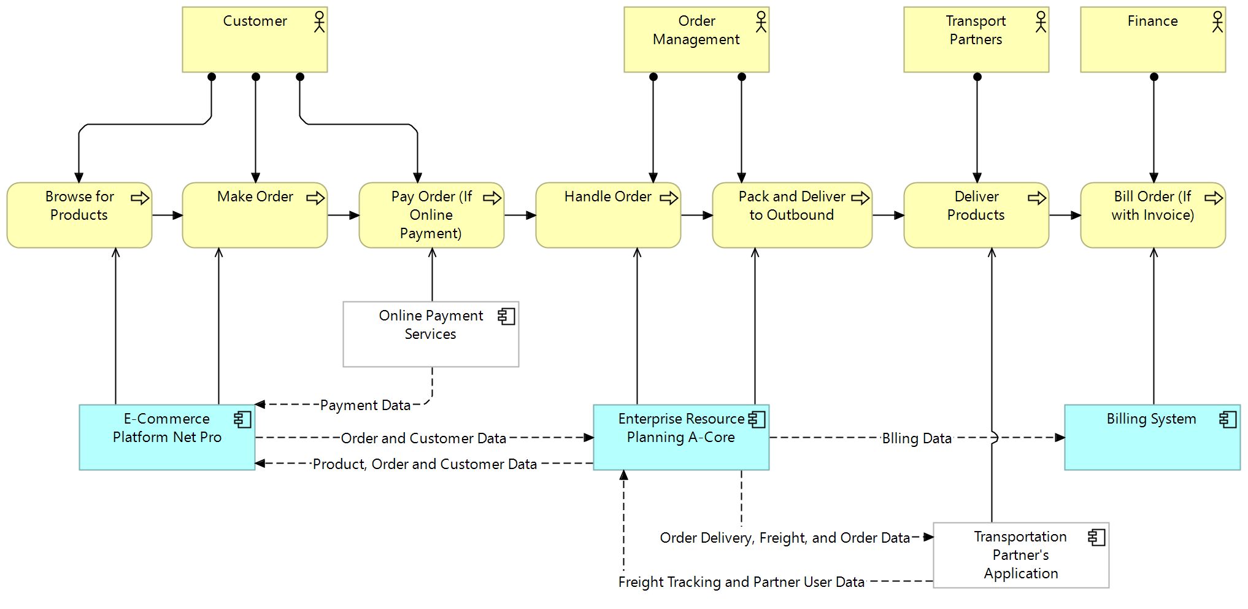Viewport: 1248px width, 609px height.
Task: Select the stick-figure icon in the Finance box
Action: click(x=1217, y=22)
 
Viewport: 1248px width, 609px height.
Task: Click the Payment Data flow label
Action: click(x=365, y=405)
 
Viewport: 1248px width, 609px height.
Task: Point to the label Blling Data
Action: click(x=917, y=438)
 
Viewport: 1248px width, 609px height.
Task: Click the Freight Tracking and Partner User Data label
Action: click(x=741, y=582)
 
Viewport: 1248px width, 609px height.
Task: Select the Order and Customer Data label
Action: click(x=423, y=438)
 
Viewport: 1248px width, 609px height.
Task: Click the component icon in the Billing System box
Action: click(x=1228, y=420)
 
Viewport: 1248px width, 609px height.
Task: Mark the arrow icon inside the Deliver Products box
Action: click(x=1036, y=198)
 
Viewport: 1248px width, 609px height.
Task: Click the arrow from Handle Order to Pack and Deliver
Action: click(x=696, y=215)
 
